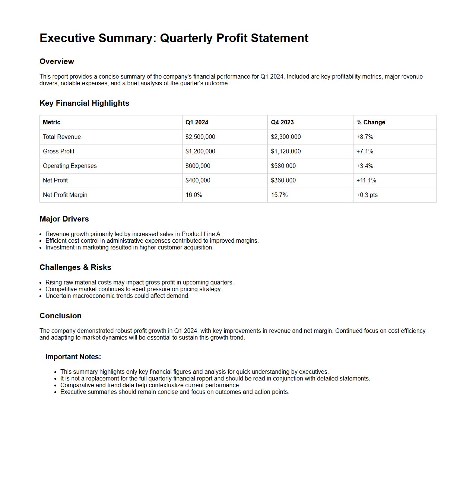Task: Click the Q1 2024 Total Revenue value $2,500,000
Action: (x=200, y=137)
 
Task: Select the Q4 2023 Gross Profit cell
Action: (x=286, y=152)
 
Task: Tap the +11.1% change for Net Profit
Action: (x=366, y=181)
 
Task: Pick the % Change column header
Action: (x=371, y=122)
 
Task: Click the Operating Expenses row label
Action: (x=70, y=166)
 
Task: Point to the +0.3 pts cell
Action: (x=367, y=195)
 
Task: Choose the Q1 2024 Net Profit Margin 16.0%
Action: (x=194, y=195)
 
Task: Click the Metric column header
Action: (x=51, y=122)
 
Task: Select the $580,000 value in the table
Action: (x=283, y=166)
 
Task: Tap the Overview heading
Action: (x=57, y=61)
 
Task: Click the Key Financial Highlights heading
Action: (x=84, y=103)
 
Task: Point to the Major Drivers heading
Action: (x=64, y=219)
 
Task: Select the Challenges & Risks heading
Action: (x=75, y=267)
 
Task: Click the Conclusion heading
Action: (x=60, y=316)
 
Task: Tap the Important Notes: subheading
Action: (x=73, y=357)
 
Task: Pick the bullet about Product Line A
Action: (x=133, y=234)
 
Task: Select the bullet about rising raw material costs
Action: (x=139, y=283)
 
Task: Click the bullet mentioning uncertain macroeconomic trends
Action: (x=117, y=296)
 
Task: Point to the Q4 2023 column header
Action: (x=282, y=122)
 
